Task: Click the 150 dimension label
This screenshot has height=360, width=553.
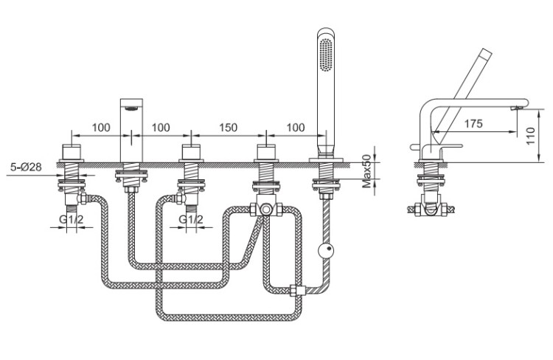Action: click(228, 127)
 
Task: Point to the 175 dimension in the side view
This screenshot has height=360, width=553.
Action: click(473, 123)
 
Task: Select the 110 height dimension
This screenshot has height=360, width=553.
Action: click(530, 136)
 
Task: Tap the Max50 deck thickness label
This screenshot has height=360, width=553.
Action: click(367, 171)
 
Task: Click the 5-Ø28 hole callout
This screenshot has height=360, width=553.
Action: click(26, 166)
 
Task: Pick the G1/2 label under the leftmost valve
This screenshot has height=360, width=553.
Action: click(72, 219)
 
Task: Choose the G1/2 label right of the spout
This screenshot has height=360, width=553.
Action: click(191, 219)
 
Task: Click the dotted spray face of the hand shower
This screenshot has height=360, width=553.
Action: click(326, 55)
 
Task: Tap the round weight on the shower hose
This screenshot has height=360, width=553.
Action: click(325, 251)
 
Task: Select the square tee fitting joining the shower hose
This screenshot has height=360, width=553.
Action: click(296, 290)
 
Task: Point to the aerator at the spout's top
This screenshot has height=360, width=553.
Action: click(132, 108)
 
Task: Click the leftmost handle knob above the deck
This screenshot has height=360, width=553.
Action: click(72, 152)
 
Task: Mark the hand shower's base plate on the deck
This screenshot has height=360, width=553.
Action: click(326, 160)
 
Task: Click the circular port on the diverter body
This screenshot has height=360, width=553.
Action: click(266, 210)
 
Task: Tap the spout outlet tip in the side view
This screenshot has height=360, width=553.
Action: click(516, 108)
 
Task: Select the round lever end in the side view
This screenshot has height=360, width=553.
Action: click(413, 147)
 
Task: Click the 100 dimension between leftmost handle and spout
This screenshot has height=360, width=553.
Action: click(101, 127)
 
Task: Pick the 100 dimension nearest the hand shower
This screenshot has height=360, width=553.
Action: click(296, 127)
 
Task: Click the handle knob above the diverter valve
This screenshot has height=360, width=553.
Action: click(266, 152)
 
